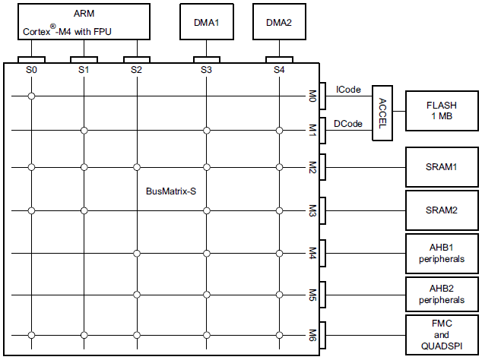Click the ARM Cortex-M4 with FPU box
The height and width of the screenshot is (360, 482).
pyautogui.click(x=84, y=22)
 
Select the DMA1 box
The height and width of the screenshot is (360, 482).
pyautogui.click(x=206, y=22)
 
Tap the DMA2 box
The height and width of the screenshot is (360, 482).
pyautogui.click(x=278, y=22)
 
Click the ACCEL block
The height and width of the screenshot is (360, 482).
pyautogui.click(x=381, y=112)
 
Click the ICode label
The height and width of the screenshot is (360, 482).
pyautogui.click(x=348, y=90)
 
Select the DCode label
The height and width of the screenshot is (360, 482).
pyautogui.click(x=348, y=124)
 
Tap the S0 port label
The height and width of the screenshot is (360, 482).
pyautogui.click(x=31, y=70)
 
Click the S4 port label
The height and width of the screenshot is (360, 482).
pyautogui.click(x=279, y=70)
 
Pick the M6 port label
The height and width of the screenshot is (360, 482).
pyautogui.click(x=312, y=334)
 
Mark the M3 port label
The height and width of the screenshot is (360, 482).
pyautogui.click(x=312, y=210)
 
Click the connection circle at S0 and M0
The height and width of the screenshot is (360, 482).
pyautogui.click(x=31, y=96)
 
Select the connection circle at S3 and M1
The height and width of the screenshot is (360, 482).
pyautogui.click(x=206, y=131)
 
